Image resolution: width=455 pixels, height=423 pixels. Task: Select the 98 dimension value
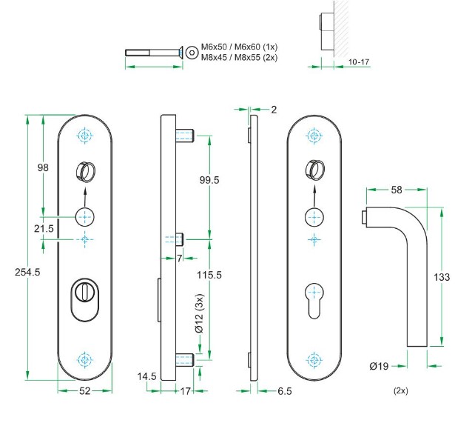click(43, 168)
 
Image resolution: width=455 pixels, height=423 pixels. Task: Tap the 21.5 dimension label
click(44, 230)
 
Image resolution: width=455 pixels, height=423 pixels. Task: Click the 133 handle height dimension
click(442, 277)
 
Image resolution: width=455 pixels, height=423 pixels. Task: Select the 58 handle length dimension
click(396, 190)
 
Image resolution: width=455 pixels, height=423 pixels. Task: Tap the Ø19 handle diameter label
click(379, 364)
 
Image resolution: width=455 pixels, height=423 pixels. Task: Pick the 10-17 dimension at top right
click(357, 63)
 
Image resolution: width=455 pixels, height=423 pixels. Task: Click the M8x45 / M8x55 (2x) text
click(238, 57)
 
